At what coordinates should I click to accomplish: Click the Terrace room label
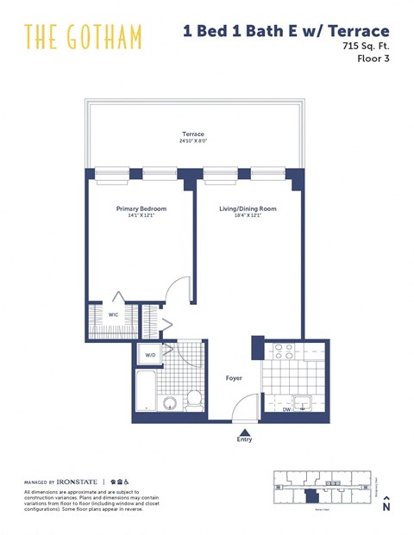click(193, 134)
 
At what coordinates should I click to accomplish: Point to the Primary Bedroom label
click(141, 208)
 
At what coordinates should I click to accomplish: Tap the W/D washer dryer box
click(150, 354)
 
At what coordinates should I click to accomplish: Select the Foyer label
click(234, 377)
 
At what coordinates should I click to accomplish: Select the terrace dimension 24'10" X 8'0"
click(193, 140)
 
